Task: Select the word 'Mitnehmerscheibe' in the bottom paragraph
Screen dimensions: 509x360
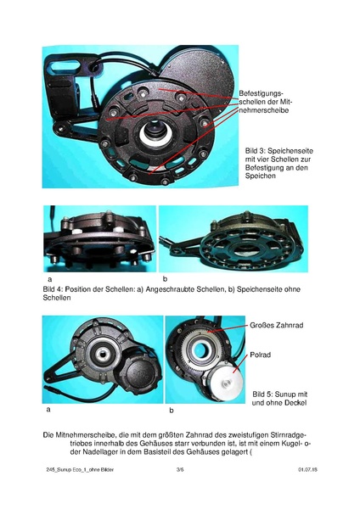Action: point(87,434)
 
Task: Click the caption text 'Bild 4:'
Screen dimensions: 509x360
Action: point(55,289)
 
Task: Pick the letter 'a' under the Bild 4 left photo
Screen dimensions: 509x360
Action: point(50,278)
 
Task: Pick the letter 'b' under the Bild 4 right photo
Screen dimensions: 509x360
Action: point(165,278)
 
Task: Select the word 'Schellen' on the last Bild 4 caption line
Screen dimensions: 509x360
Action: point(57,299)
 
